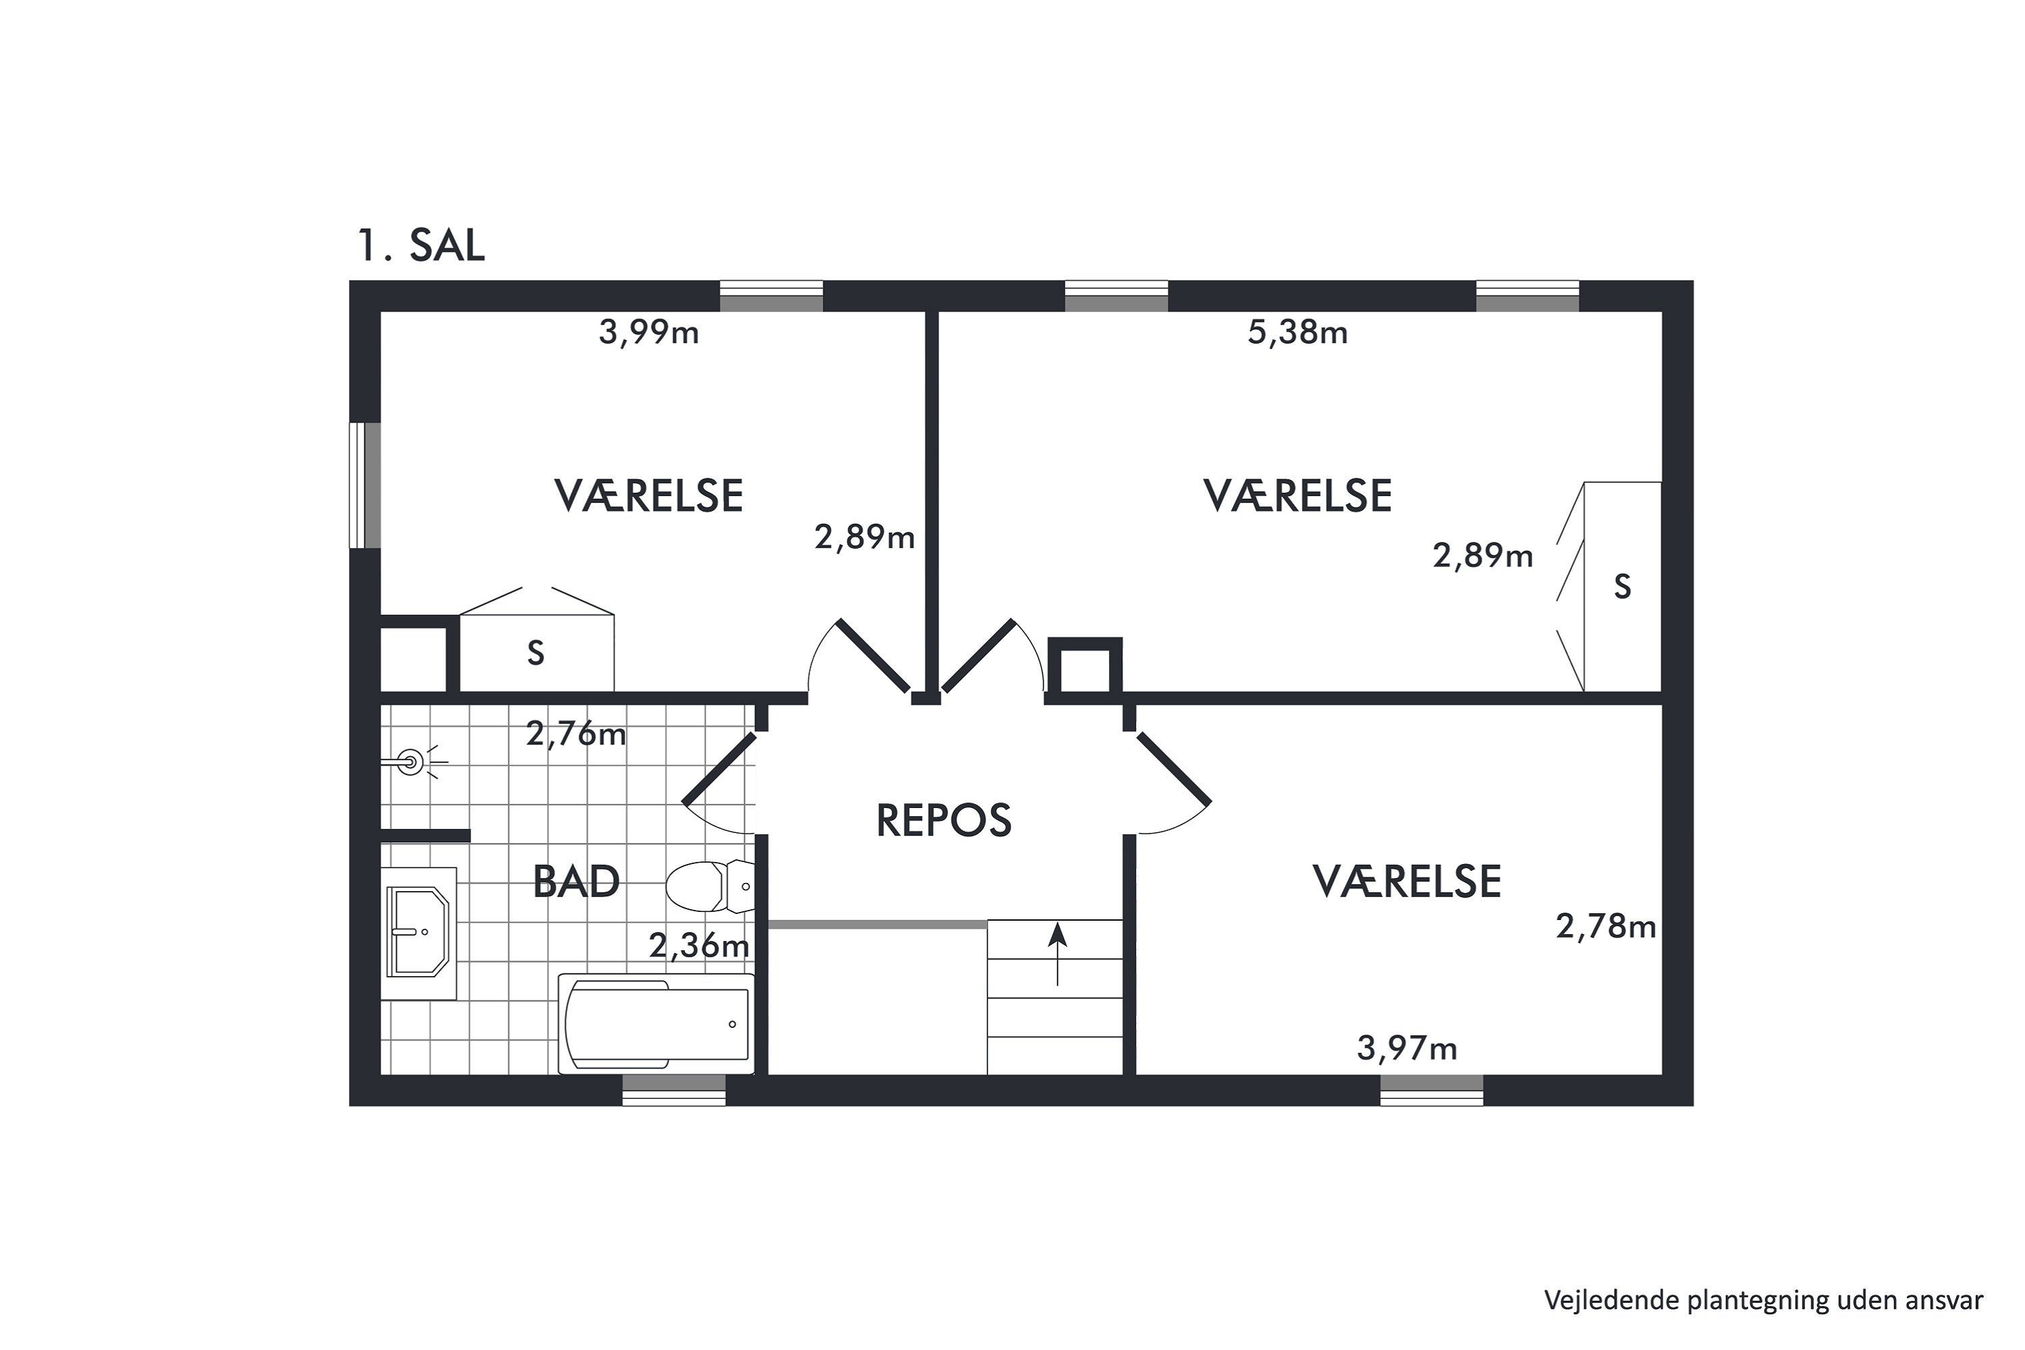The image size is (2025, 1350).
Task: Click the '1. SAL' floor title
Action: tap(421, 246)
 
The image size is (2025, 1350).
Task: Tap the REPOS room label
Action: tap(944, 821)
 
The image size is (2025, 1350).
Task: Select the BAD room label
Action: tap(576, 882)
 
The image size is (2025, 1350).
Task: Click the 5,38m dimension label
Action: tap(1297, 332)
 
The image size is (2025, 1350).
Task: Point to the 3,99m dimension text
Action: tap(648, 332)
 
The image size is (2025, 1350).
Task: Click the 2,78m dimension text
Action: tap(1606, 926)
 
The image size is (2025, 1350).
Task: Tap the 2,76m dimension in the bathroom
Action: tap(576, 734)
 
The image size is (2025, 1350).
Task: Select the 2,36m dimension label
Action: tap(698, 946)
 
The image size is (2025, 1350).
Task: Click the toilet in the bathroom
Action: tap(710, 886)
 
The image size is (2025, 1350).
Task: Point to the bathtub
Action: tap(656, 1024)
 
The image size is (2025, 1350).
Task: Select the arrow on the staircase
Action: tap(1057, 954)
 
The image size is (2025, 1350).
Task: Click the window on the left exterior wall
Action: tap(364, 485)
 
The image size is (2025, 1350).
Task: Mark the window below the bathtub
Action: tap(674, 1090)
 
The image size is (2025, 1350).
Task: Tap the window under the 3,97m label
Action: tap(1432, 1090)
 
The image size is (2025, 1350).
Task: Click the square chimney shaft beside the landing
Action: tap(1085, 665)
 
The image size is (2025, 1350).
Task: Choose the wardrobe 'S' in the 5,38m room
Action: tap(1622, 587)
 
